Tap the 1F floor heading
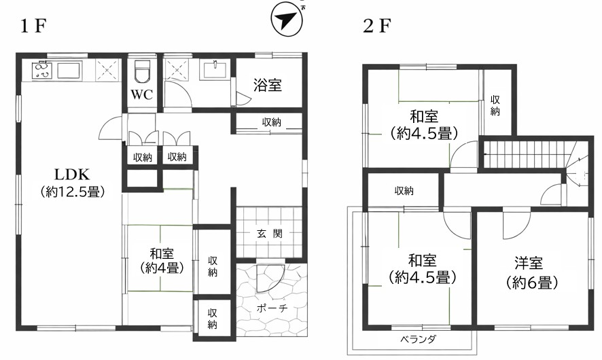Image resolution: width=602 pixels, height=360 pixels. click(x=34, y=26)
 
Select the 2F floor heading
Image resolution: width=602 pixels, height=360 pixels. click(x=377, y=26)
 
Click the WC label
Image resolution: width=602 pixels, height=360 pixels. click(x=142, y=94)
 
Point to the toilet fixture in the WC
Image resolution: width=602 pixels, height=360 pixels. click(x=142, y=71)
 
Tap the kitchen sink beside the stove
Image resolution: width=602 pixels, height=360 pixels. click(x=69, y=71)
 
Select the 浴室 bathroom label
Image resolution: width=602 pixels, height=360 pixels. click(x=268, y=85)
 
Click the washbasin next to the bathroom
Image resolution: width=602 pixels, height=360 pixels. click(x=215, y=69)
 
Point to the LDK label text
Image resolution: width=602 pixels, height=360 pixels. click(x=72, y=175)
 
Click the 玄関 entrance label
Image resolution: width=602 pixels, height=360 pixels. click(x=270, y=233)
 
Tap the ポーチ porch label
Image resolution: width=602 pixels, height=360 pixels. click(x=272, y=308)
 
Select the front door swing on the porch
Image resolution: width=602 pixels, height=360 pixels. click(x=270, y=278)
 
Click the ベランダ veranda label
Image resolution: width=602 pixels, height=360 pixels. click(x=418, y=339)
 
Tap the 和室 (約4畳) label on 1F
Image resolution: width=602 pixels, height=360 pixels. click(x=161, y=260)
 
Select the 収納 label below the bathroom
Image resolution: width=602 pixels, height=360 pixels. click(x=271, y=122)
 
